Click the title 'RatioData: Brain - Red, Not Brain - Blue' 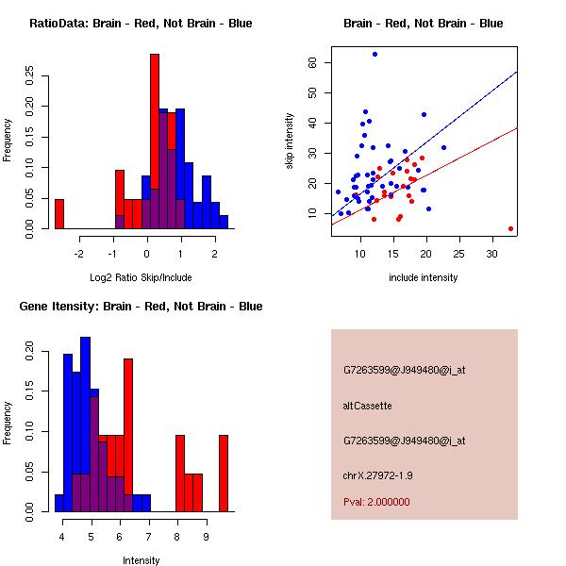coord(141,24)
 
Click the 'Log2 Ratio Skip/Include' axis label coord(141,277)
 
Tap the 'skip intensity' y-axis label coord(290,141)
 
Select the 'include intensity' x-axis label coord(424,277)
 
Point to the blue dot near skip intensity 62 coord(375,55)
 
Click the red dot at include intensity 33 coord(510,228)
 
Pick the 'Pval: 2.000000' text coord(376,502)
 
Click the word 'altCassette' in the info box coord(367,406)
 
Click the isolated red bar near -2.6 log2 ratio coord(59,214)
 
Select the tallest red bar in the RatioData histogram coord(155,141)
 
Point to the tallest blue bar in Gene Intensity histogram coord(86,424)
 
